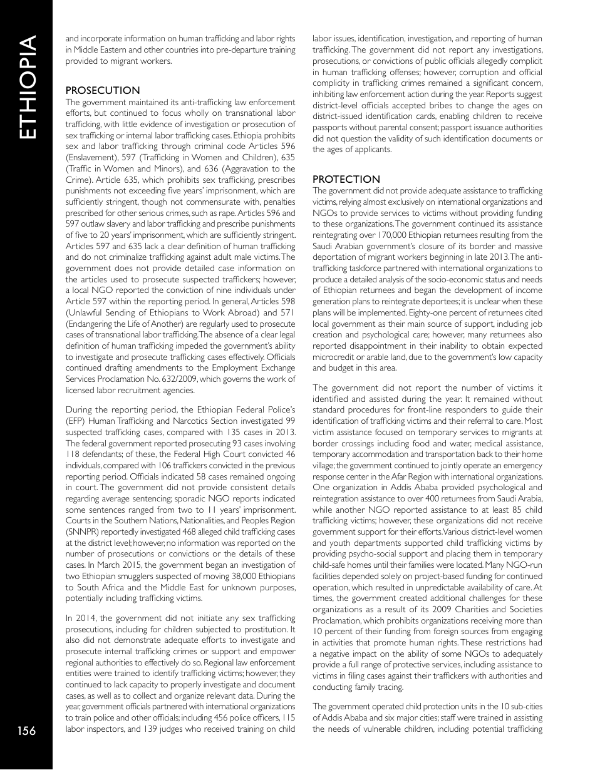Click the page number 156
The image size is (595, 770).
26,731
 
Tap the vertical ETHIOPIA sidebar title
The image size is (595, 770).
27,87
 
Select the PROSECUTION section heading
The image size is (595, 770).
103,90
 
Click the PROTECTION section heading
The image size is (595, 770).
346,179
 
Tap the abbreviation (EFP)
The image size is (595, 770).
76,421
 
